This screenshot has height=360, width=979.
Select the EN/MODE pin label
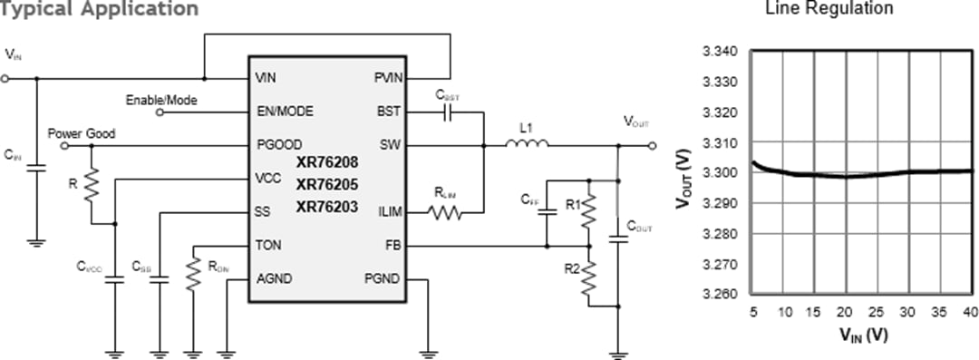coord(285,112)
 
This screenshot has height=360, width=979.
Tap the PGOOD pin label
coord(279,145)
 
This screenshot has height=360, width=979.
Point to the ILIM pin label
coord(392,213)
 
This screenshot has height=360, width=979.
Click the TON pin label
coord(269,246)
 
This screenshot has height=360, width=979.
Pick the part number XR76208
coord(328,162)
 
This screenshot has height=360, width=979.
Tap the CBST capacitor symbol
coord(446,112)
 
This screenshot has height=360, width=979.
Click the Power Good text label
coord(82,133)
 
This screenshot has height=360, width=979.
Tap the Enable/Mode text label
coord(160,100)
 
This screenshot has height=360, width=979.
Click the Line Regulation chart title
coord(829,9)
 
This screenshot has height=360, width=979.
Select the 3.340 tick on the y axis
coord(719,52)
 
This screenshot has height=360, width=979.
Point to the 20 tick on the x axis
coord(846,313)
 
